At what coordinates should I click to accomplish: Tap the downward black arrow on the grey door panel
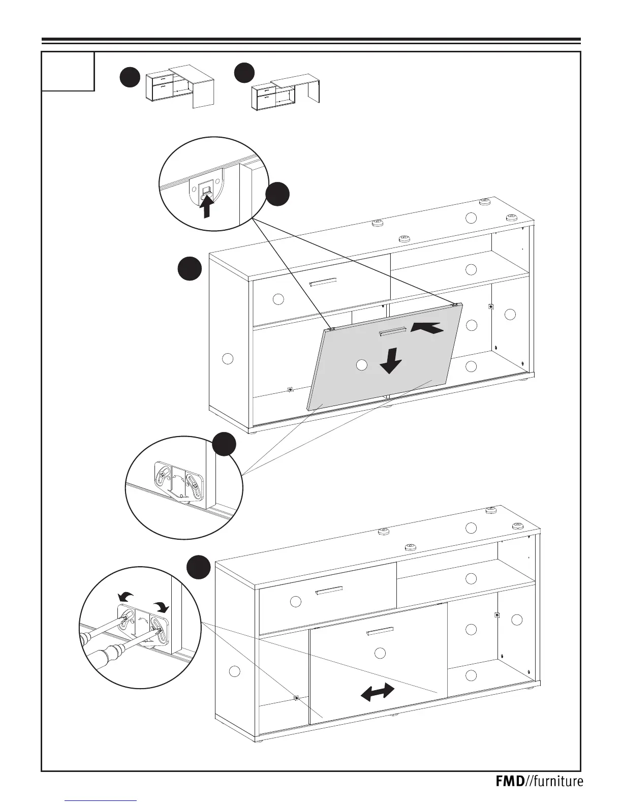tap(390, 360)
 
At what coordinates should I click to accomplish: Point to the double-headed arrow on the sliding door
tap(377, 692)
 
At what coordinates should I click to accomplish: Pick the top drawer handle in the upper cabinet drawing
tap(323, 282)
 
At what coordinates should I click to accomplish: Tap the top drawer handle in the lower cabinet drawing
tap(329, 591)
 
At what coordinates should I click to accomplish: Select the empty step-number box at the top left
tap(68, 71)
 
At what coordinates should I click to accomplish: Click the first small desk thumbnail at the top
tap(180, 86)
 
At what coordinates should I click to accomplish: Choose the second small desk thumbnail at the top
tap(286, 91)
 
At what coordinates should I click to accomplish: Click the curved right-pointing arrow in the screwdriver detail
tap(162, 606)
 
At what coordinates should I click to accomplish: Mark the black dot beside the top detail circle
tap(278, 195)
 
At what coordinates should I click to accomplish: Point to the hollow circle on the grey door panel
tap(361, 364)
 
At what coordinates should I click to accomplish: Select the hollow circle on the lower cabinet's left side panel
tap(234, 671)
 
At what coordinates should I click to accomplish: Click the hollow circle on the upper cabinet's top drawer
tap(278, 299)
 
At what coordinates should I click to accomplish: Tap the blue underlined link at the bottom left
tap(102, 801)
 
